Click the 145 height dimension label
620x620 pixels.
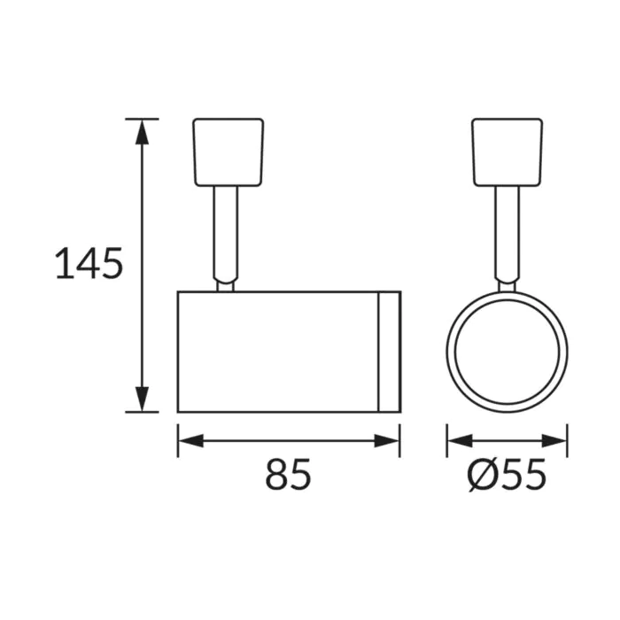pos(89,263)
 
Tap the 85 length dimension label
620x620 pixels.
pos(288,474)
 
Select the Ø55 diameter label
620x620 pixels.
pos(507,475)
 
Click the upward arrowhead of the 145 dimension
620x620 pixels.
pos(142,132)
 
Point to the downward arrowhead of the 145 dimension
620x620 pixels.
pos(142,399)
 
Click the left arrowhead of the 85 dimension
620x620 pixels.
pos(191,440)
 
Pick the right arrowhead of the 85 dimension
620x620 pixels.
pos(387,440)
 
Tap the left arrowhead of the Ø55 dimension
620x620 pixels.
pos(460,440)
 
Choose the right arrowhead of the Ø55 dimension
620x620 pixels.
pos(554,440)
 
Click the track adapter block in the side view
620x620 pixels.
pos(229,152)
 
